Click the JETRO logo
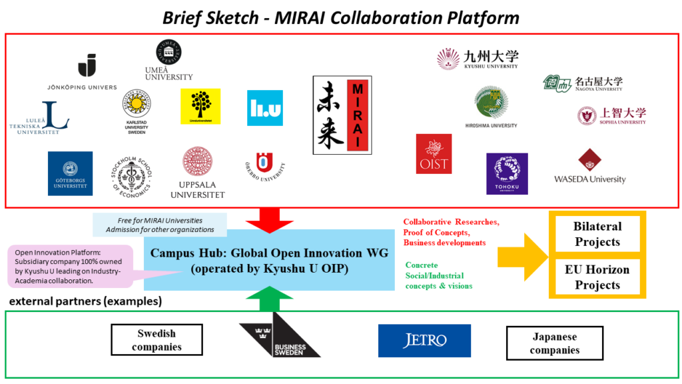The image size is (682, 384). [x=424, y=341]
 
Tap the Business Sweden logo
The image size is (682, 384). [x=280, y=339]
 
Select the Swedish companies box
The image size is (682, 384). [x=157, y=340]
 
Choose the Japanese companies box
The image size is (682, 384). [x=554, y=343]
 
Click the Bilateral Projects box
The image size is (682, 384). [x=597, y=234]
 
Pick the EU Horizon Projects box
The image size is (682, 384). [x=597, y=277]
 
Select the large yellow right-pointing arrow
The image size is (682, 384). [x=523, y=251]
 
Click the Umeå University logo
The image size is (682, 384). [x=169, y=60]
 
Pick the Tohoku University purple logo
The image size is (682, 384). [x=507, y=173]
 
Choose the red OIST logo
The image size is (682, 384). [x=434, y=154]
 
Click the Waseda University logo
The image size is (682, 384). [x=590, y=167]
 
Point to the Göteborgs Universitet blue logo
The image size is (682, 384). [x=70, y=173]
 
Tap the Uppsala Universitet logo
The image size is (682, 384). [x=198, y=173]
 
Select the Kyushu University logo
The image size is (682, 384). [x=478, y=59]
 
